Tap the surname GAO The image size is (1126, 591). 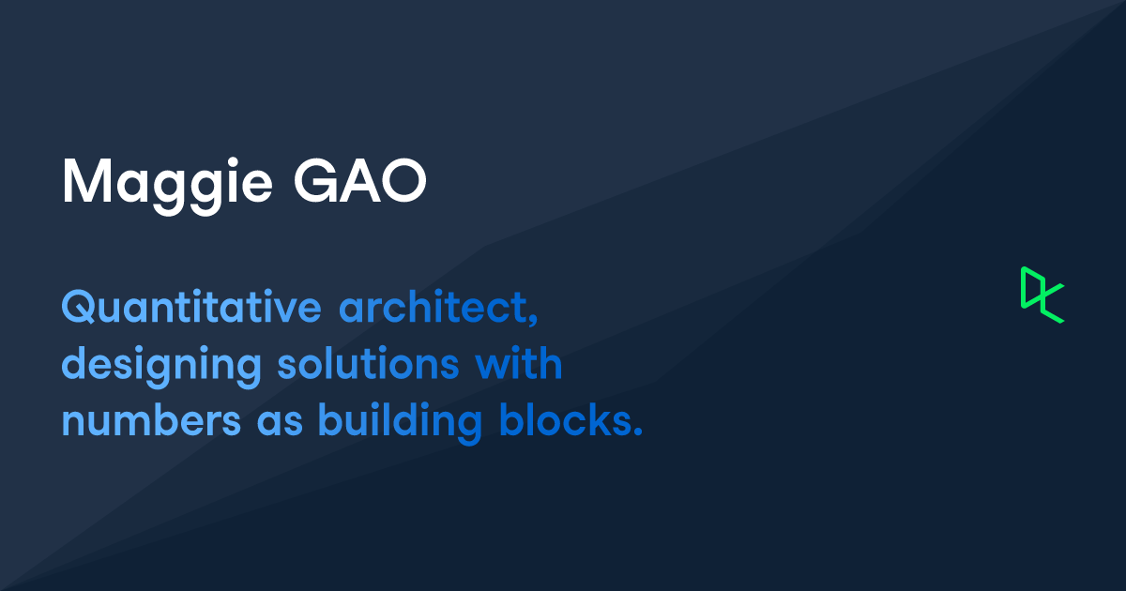(x=360, y=181)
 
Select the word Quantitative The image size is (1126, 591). (x=191, y=306)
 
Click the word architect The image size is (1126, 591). (x=433, y=306)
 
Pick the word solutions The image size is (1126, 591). (x=369, y=363)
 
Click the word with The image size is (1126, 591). (x=519, y=363)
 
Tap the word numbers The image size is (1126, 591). (x=151, y=419)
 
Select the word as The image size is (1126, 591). (x=280, y=425)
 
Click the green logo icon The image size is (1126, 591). (x=1042, y=295)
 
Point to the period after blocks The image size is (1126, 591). (x=638, y=432)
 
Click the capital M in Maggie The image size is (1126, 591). (x=86, y=181)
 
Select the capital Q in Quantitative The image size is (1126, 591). (x=80, y=307)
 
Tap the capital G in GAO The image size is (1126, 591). (x=315, y=181)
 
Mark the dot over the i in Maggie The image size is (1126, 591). (x=233, y=161)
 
